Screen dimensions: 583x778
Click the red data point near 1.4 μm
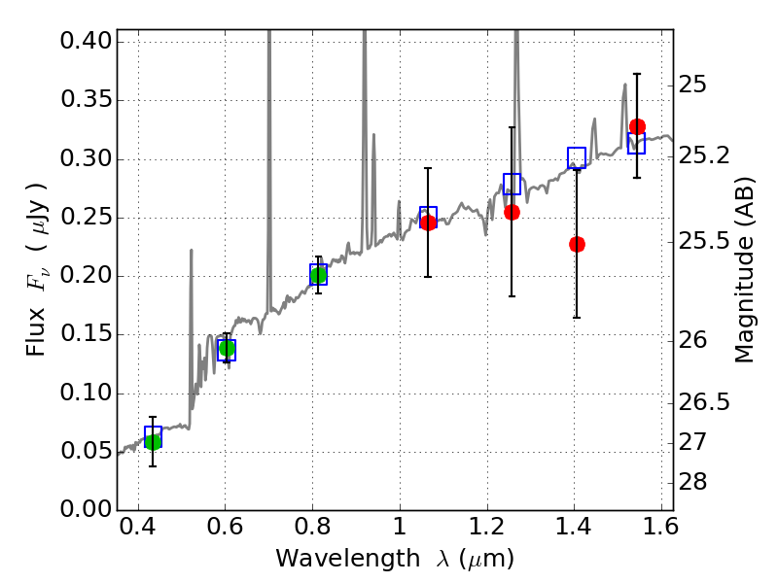[x=577, y=244]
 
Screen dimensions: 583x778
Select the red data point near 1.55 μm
[x=637, y=126]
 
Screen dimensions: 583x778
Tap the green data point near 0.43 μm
[x=153, y=441]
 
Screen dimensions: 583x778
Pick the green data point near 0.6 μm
[x=227, y=348]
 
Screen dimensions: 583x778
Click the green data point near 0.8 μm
[x=317, y=276]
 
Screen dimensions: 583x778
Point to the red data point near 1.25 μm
[x=512, y=212]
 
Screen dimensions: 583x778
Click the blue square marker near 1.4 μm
[x=577, y=157]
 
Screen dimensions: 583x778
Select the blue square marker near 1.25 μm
[x=512, y=184]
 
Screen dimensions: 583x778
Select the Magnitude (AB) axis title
[x=745, y=269]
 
